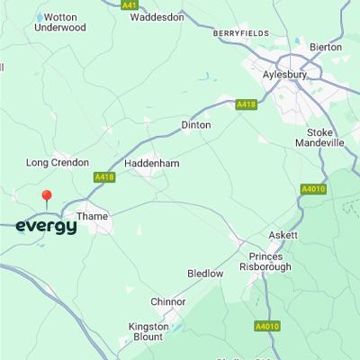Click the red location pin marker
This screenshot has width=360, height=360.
(x=47, y=197)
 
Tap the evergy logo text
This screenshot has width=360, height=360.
(x=46, y=227)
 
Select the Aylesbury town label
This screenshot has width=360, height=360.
(x=285, y=76)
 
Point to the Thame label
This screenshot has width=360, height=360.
(x=93, y=217)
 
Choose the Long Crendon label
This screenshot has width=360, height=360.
(x=58, y=163)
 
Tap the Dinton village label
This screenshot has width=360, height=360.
(x=196, y=125)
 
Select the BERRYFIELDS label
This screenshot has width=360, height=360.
(x=241, y=33)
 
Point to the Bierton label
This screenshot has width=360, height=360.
(x=325, y=47)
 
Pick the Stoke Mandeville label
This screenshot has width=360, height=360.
(x=321, y=137)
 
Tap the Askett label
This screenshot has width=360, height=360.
(x=283, y=235)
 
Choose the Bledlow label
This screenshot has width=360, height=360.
(x=204, y=273)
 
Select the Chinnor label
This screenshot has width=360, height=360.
(x=167, y=301)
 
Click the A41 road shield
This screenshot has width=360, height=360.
(x=130, y=4)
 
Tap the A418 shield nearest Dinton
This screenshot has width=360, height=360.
(x=247, y=104)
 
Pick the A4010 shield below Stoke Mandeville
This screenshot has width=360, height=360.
(x=311, y=189)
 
